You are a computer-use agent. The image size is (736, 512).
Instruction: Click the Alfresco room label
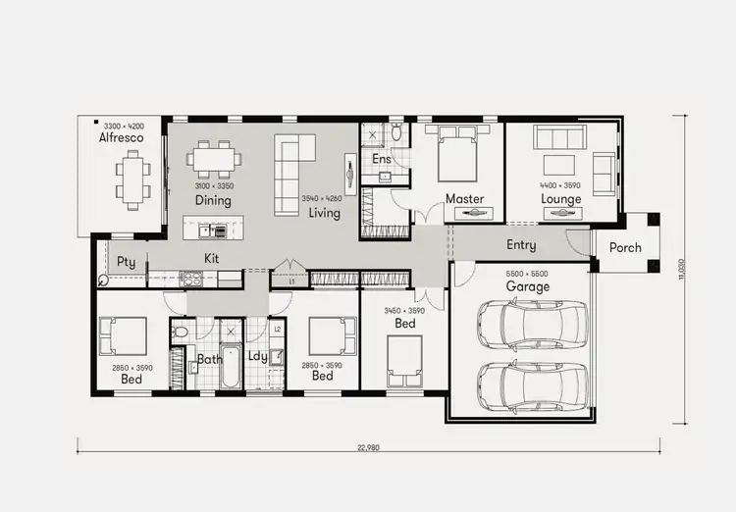point(121,138)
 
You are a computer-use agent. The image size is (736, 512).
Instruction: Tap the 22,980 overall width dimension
point(368,448)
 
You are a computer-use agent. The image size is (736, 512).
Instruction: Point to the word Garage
point(527,286)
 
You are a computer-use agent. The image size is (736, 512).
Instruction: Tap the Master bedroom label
point(464,199)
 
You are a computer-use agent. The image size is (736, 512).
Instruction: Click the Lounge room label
point(560,199)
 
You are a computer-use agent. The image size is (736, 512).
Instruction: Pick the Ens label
point(381,159)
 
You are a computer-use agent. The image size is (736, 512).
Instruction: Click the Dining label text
point(212,200)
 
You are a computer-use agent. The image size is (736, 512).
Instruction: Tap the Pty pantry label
point(126,262)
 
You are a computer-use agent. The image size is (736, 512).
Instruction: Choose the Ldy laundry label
point(257,357)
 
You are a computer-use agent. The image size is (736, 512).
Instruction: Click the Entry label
point(520,245)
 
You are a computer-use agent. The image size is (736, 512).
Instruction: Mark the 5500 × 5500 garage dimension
point(527,274)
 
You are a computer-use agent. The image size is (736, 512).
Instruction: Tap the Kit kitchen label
point(211,258)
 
